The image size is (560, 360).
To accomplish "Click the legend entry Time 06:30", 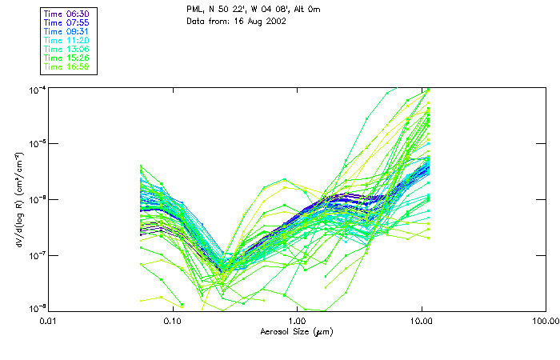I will pyautogui.click(x=66, y=14).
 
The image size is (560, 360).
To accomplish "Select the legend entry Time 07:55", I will pyautogui.click(x=66, y=23).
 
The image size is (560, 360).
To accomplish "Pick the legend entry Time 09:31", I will pyautogui.click(x=66, y=32).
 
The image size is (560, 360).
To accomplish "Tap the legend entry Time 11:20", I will pyautogui.click(x=66, y=41).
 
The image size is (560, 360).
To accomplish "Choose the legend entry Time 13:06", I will pyautogui.click(x=66, y=50).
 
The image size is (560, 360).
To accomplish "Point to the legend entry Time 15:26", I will pyautogui.click(x=66, y=58).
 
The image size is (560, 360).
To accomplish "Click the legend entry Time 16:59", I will pyautogui.click(x=66, y=67).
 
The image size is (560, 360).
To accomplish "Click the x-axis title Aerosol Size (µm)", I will pyautogui.click(x=297, y=331).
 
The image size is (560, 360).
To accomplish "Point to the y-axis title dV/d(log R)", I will pyautogui.click(x=15, y=200).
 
